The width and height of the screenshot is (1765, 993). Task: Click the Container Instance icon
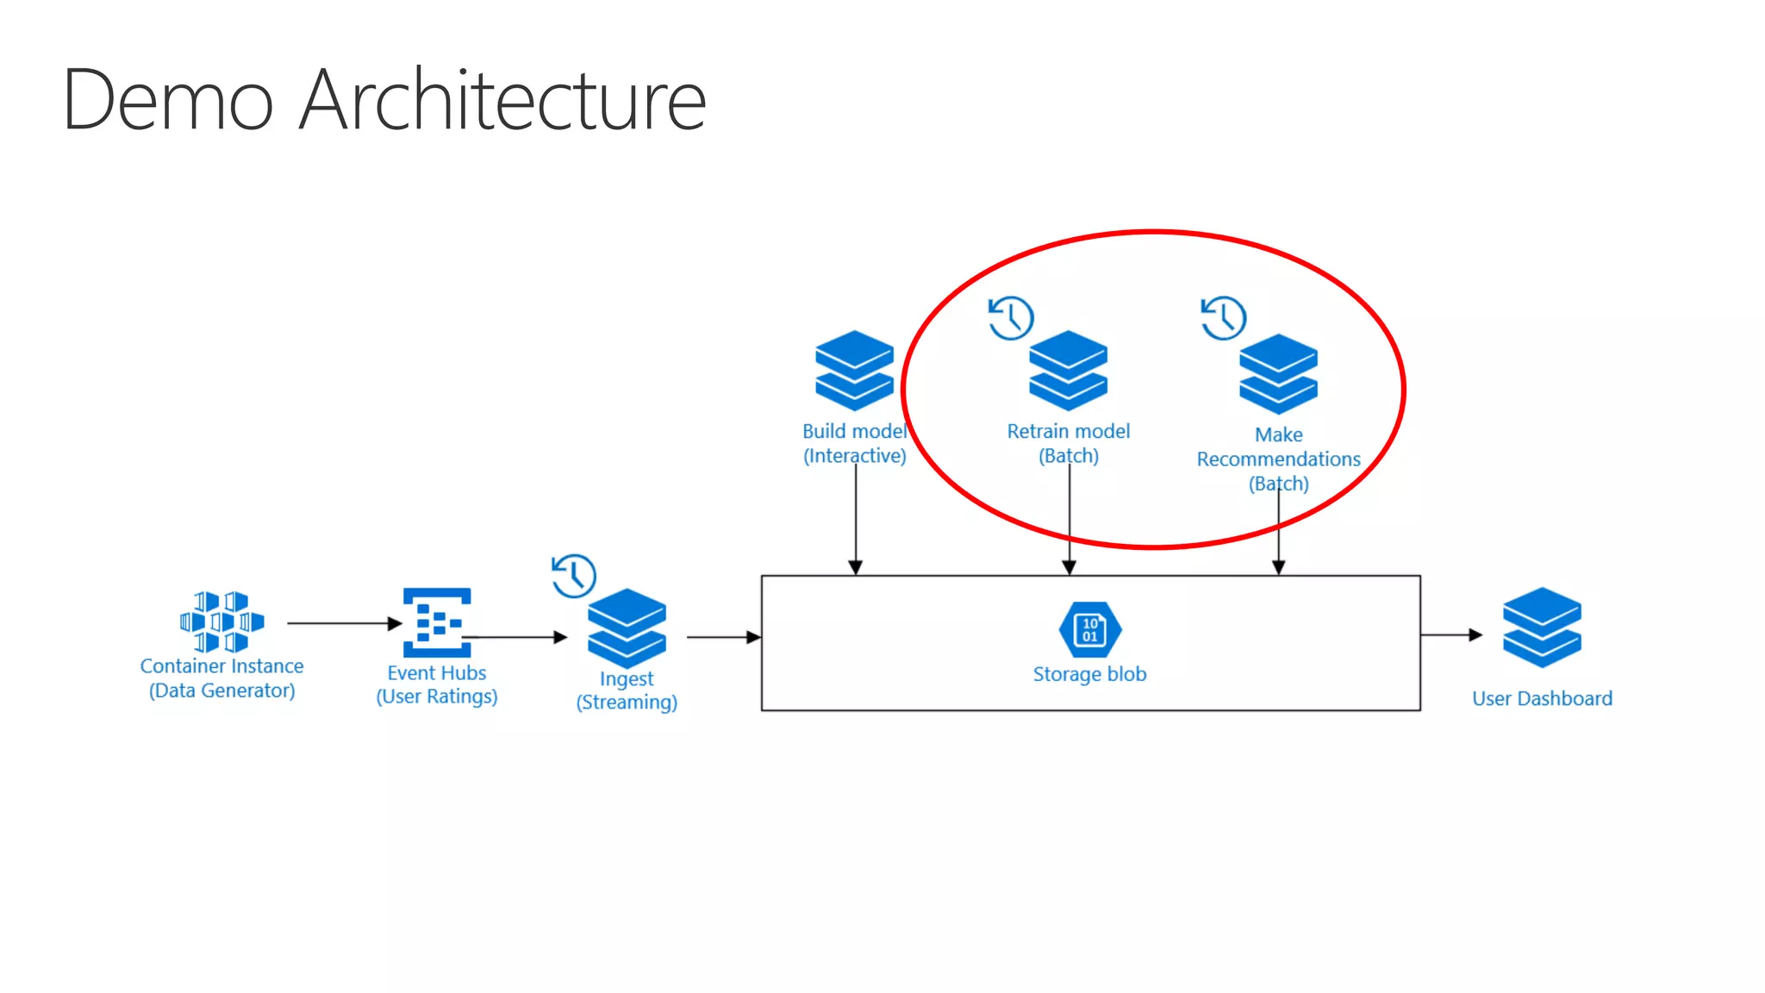pos(221,621)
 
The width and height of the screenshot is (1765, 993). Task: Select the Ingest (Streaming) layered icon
pos(627,628)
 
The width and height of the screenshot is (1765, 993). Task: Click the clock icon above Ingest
pos(574,576)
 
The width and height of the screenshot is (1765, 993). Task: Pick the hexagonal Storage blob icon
pos(1089,629)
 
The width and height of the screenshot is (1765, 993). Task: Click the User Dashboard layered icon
pos(1542,628)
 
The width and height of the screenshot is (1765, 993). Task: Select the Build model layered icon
pos(854,371)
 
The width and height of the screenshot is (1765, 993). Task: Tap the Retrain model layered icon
pos(1068,371)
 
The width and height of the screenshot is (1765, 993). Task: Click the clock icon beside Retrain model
pos(1011,318)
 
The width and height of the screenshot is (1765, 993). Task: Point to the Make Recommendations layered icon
pos(1278,374)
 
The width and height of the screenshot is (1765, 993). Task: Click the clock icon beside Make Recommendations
pos(1224,318)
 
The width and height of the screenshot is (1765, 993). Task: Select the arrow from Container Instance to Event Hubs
pos(344,622)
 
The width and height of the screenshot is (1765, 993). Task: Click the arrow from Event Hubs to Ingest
pos(517,637)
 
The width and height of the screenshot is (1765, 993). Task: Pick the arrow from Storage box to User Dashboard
pos(1451,635)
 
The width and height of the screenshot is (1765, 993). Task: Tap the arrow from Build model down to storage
pos(855,517)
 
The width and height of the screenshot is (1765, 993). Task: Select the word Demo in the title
pos(168,100)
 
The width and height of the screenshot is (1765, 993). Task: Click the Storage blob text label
pos(1089,674)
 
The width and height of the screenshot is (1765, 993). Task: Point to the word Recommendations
pos(1278,459)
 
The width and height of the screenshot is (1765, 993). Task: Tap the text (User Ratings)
pos(437,696)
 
